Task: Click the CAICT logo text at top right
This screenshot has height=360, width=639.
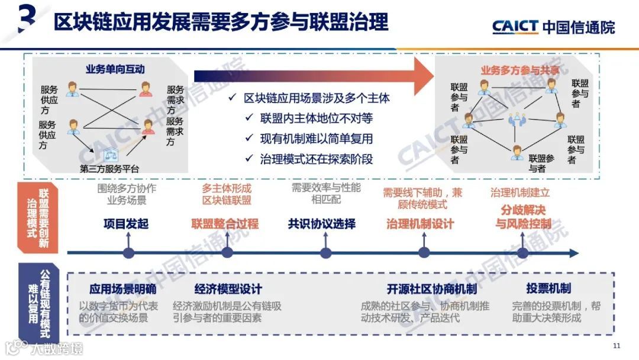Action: pyautogui.click(x=515, y=26)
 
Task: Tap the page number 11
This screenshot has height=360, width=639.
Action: pyautogui.click(x=617, y=346)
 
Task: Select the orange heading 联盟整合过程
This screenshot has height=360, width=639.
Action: pyautogui.click(x=225, y=224)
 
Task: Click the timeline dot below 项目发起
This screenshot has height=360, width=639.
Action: pyautogui.click(x=128, y=253)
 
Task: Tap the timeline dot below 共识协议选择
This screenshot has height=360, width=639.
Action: pyautogui.click(x=325, y=253)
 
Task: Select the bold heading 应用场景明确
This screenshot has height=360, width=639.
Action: pyautogui.click(x=122, y=289)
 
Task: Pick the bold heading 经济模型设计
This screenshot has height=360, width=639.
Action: pyautogui.click(x=228, y=289)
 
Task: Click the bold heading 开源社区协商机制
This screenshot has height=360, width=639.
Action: pyautogui.click(x=432, y=289)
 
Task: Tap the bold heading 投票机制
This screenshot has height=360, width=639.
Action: pyautogui.click(x=548, y=288)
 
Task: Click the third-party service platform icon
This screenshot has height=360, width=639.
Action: pyautogui.click(x=110, y=156)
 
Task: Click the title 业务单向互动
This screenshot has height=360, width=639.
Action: pyautogui.click(x=115, y=69)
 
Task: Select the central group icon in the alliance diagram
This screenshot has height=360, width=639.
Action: pyautogui.click(x=517, y=120)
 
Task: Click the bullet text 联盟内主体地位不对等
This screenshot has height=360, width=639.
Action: pyautogui.click(x=317, y=118)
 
